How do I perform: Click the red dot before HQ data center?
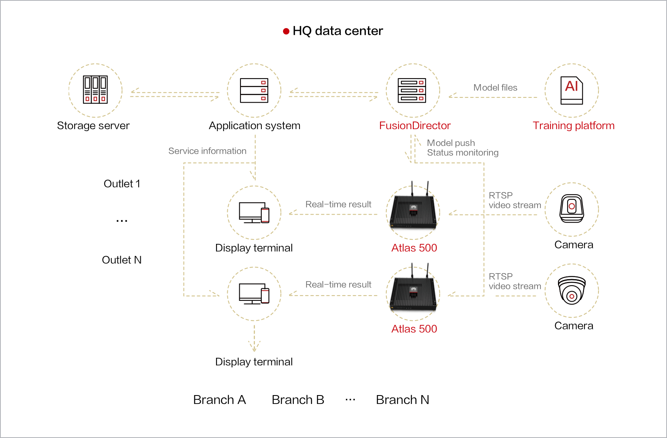coord(286,31)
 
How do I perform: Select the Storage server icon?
coord(95,90)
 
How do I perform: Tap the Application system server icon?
coord(254,90)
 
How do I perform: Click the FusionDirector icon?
coord(412,90)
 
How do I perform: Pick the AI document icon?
coord(572,90)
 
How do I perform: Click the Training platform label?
coord(574,126)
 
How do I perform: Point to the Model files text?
coord(495,87)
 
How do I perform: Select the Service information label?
coord(207,151)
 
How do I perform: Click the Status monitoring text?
coord(463,153)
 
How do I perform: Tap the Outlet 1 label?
coord(122,184)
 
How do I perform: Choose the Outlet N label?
coord(122,260)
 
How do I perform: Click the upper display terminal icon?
coord(254,213)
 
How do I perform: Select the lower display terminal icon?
coord(254,294)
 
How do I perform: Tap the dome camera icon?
coord(572,291)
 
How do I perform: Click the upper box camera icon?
coord(572,209)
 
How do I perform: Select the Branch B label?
coord(298,400)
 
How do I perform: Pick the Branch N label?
coord(402,400)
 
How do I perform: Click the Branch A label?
coord(219,400)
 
